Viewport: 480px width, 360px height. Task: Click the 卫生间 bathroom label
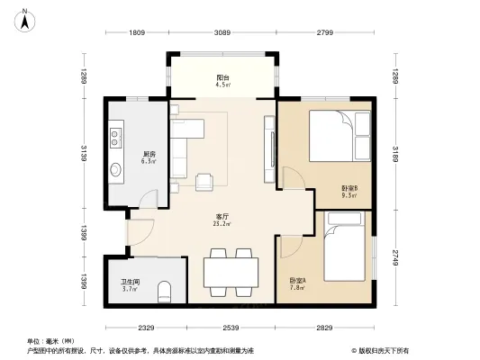pos(129,285)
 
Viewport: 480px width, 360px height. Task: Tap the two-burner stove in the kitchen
pos(116,138)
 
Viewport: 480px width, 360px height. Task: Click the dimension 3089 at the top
pos(221,34)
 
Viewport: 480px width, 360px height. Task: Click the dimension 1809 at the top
pos(136,34)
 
